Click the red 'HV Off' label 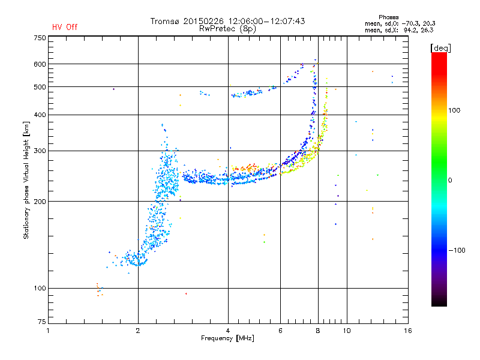point(65,27)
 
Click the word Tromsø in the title point(165,21)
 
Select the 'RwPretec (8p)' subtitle point(228,28)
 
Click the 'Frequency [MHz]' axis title point(227,339)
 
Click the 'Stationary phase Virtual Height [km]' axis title point(26,180)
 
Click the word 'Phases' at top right point(391,17)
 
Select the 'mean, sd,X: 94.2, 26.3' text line point(399,29)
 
